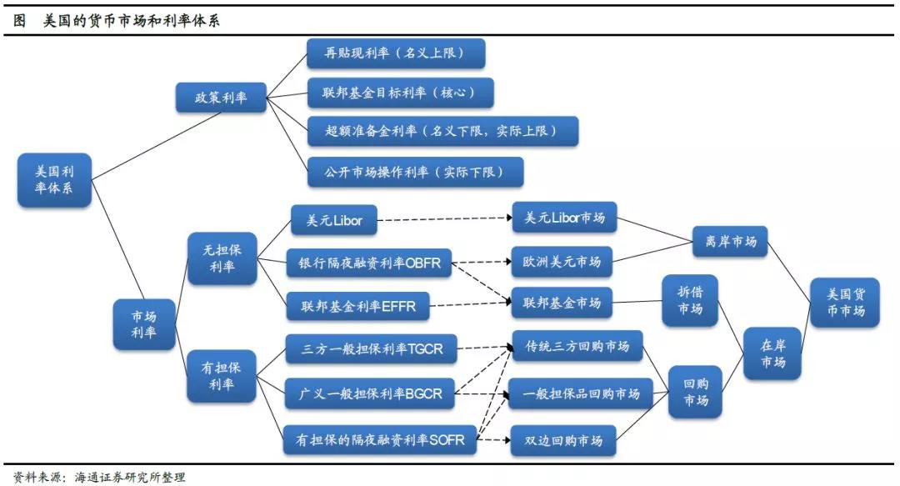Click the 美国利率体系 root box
[x=54, y=180]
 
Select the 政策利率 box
[x=221, y=98]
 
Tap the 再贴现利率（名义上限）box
[x=396, y=53]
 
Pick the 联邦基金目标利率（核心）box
[x=400, y=93]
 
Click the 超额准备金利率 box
[x=442, y=131]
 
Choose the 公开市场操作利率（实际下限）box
[x=415, y=172]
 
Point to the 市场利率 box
[x=144, y=324]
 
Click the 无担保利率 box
[x=222, y=258]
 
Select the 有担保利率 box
[x=222, y=376]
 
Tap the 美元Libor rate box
[x=332, y=221]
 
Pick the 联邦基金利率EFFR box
[x=357, y=307]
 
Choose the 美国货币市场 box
[x=845, y=302]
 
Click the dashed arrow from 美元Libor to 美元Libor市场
[x=443, y=220]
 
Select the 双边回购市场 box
[x=562, y=439]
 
